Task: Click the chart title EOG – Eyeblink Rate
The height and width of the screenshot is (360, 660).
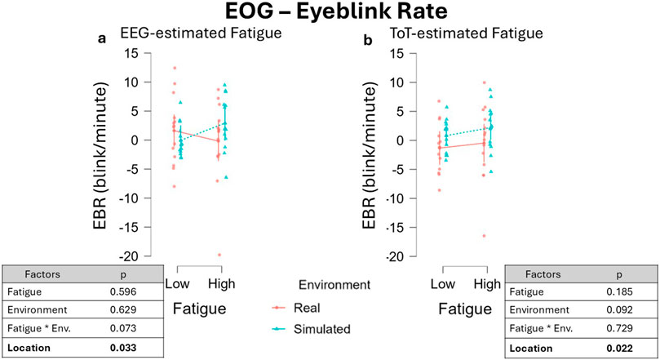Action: [x=330, y=14]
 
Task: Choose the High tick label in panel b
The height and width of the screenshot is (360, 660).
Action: [x=487, y=282]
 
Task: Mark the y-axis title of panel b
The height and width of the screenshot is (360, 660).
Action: [x=376, y=155]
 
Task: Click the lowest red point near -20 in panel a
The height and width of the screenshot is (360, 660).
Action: [x=219, y=255]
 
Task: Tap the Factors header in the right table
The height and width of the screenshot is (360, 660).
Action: [x=549, y=273]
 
